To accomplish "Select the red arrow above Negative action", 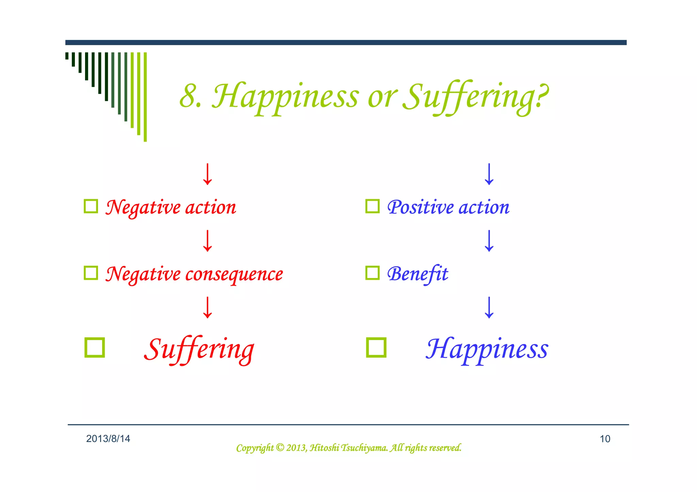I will [207, 174].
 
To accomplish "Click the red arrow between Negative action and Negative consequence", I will [207, 241].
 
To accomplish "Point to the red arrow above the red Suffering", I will [207, 307].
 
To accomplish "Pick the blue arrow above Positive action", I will [489, 174].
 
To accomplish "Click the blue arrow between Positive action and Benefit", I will [489, 241].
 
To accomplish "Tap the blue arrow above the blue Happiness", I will [489, 307].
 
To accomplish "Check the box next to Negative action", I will [91, 206].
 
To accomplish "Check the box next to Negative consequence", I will [91, 273].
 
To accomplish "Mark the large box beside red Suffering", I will [95, 347].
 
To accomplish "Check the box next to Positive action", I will [372, 206].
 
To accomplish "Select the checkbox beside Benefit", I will [372, 273].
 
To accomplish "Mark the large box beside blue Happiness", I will [376, 347].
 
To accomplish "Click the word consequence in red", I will [234, 274].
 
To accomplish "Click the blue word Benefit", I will [418, 274].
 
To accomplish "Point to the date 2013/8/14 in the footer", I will [108, 439].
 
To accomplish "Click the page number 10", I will [605, 439].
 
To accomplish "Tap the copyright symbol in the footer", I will [280, 447].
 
